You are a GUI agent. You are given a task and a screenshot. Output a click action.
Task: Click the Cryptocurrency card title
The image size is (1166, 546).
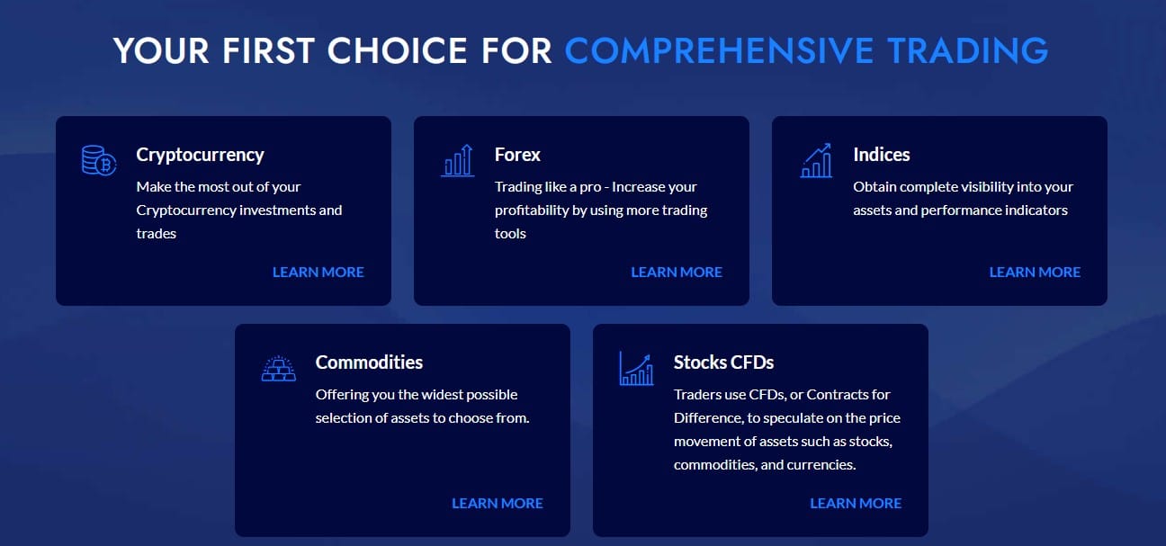pos(200,155)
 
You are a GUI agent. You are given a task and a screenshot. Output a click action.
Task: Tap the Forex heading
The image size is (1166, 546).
pos(517,155)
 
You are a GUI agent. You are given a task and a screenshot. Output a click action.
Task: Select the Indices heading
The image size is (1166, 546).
pos(882,155)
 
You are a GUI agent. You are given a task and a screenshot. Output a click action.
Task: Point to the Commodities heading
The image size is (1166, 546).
pos(369,363)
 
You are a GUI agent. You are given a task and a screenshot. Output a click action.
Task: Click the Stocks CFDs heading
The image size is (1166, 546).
pos(723,363)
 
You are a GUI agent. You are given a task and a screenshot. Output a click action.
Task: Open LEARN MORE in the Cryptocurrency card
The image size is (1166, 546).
pos(318,273)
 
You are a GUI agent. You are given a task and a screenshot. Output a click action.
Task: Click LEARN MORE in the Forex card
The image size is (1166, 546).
pos(677,273)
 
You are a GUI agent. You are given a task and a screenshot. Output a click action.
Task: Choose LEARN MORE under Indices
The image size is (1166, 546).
pos(1035,273)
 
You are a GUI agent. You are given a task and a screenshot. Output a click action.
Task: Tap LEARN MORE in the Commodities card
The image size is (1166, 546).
pos(498,504)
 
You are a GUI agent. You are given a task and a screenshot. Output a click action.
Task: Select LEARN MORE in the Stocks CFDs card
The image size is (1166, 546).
pos(856,504)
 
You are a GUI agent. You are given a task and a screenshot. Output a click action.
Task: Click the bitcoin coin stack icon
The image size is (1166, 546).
pos(99,160)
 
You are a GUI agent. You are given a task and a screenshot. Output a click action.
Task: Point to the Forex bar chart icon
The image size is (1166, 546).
pos(458,160)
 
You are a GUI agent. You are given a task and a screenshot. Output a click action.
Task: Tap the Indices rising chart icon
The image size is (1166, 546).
pos(816,160)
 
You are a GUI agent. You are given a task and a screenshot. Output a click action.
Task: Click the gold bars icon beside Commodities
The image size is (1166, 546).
pos(279,369)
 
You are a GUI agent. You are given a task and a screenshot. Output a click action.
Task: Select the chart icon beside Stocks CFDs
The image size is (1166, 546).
pos(636,369)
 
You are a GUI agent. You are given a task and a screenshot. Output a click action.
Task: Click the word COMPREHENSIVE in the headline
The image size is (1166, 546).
pos(720,51)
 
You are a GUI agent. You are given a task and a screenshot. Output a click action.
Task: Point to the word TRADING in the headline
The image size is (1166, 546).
pos(968,51)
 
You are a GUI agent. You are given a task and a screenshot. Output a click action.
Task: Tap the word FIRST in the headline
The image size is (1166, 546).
pos(268,51)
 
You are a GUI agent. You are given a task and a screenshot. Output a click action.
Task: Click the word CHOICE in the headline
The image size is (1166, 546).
pos(397,51)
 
